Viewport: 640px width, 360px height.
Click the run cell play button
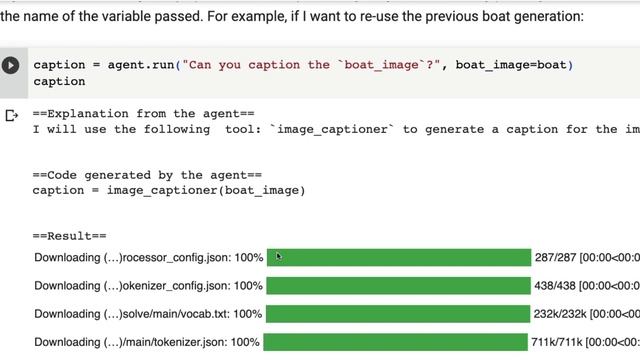pyautogui.click(x=11, y=65)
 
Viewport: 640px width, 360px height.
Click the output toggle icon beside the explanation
pyautogui.click(x=11, y=116)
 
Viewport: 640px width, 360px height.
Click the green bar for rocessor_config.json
pyautogui.click(x=399, y=258)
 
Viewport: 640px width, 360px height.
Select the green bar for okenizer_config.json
pyautogui.click(x=398, y=286)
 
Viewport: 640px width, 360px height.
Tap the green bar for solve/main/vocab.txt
pyautogui.click(x=398, y=314)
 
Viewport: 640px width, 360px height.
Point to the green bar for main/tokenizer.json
pyautogui.click(x=396, y=342)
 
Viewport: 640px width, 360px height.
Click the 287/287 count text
pyautogui.click(x=556, y=258)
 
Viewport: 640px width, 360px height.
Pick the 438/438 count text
pyautogui.click(x=555, y=286)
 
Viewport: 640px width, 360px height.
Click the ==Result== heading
pyautogui.click(x=69, y=236)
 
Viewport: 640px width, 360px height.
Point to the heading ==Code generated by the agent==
pyautogui.click(x=147, y=175)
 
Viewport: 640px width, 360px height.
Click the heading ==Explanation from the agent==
pyautogui.click(x=144, y=113)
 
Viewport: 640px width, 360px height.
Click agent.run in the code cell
pyautogui.click(x=141, y=65)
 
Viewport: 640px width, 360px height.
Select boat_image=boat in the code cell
pyautogui.click(x=511, y=65)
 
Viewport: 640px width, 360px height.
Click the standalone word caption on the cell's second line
pyautogui.click(x=59, y=82)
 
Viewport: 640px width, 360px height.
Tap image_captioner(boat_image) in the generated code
pyautogui.click(x=206, y=191)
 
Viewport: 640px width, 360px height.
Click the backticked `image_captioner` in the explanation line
pyautogui.click(x=332, y=129)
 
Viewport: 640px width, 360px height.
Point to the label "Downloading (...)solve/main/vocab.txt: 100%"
pyautogui.click(x=148, y=314)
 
